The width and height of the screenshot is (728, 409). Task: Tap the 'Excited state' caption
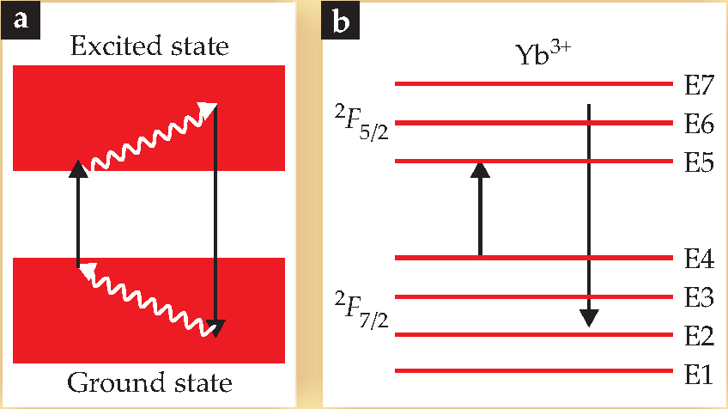[x=150, y=44]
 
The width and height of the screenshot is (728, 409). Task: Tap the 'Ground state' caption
[x=150, y=381]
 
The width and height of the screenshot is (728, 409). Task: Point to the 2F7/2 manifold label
[x=361, y=308]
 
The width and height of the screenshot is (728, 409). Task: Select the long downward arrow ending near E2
[x=588, y=215]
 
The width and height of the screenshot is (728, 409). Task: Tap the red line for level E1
[x=532, y=372]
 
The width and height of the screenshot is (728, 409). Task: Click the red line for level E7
[x=532, y=84]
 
